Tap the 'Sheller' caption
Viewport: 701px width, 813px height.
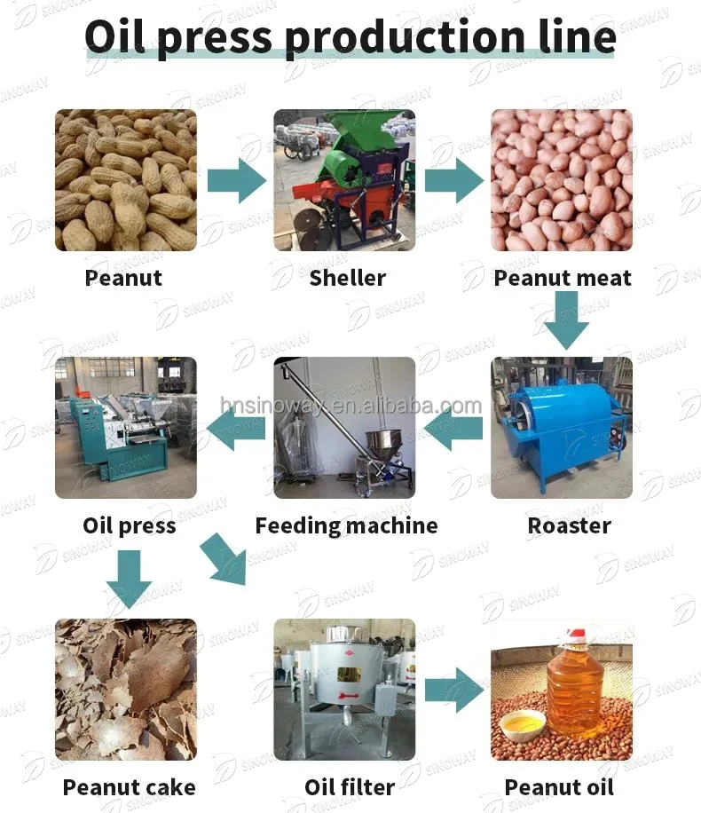coord(348,278)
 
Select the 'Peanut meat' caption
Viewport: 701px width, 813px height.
coord(563,278)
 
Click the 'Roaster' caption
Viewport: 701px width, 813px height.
coord(569,525)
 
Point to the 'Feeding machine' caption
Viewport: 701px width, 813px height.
coord(346,525)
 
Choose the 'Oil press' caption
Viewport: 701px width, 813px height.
coord(130,525)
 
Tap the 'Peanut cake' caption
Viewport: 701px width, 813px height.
coord(130,786)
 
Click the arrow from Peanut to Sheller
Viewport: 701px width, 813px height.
coord(236,181)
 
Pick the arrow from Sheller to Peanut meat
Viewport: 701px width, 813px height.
coord(453,181)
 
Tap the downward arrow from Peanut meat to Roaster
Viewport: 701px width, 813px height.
coord(566,320)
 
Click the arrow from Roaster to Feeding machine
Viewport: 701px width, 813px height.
coord(453,429)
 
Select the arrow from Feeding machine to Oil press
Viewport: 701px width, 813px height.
coord(235,429)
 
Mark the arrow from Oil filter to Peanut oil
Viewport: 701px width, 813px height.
coord(453,691)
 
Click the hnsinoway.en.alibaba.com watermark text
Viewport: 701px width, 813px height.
coord(350,406)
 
